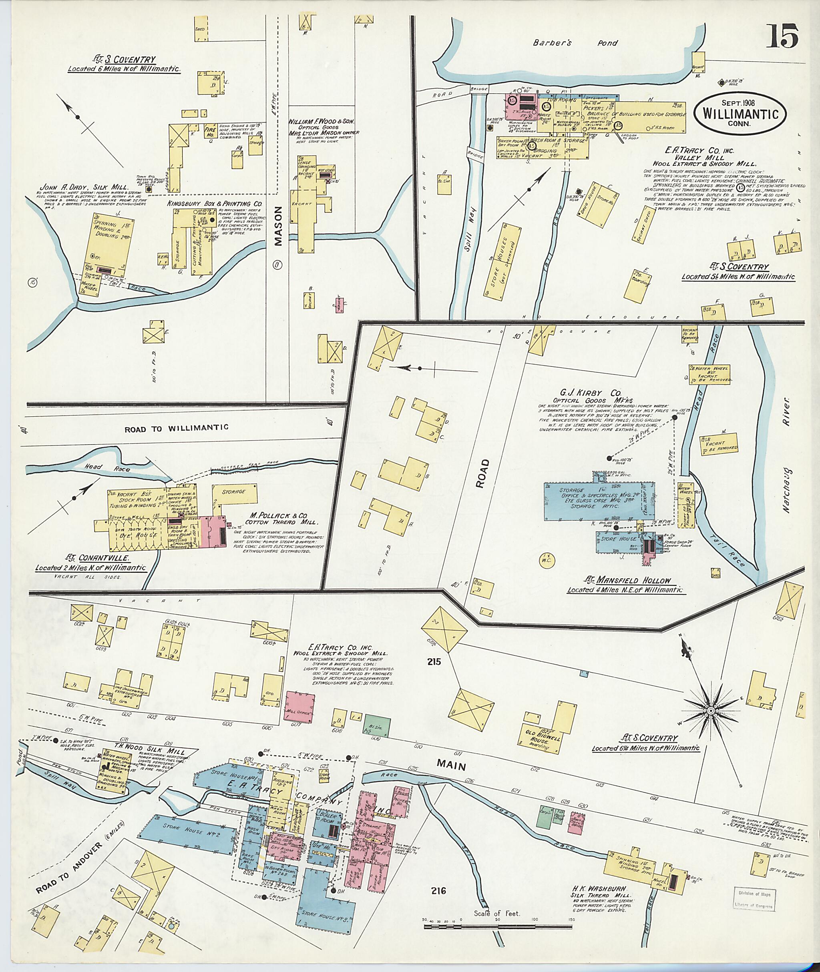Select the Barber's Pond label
(x=575, y=43)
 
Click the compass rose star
(x=711, y=724)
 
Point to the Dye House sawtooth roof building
(x=138, y=535)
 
